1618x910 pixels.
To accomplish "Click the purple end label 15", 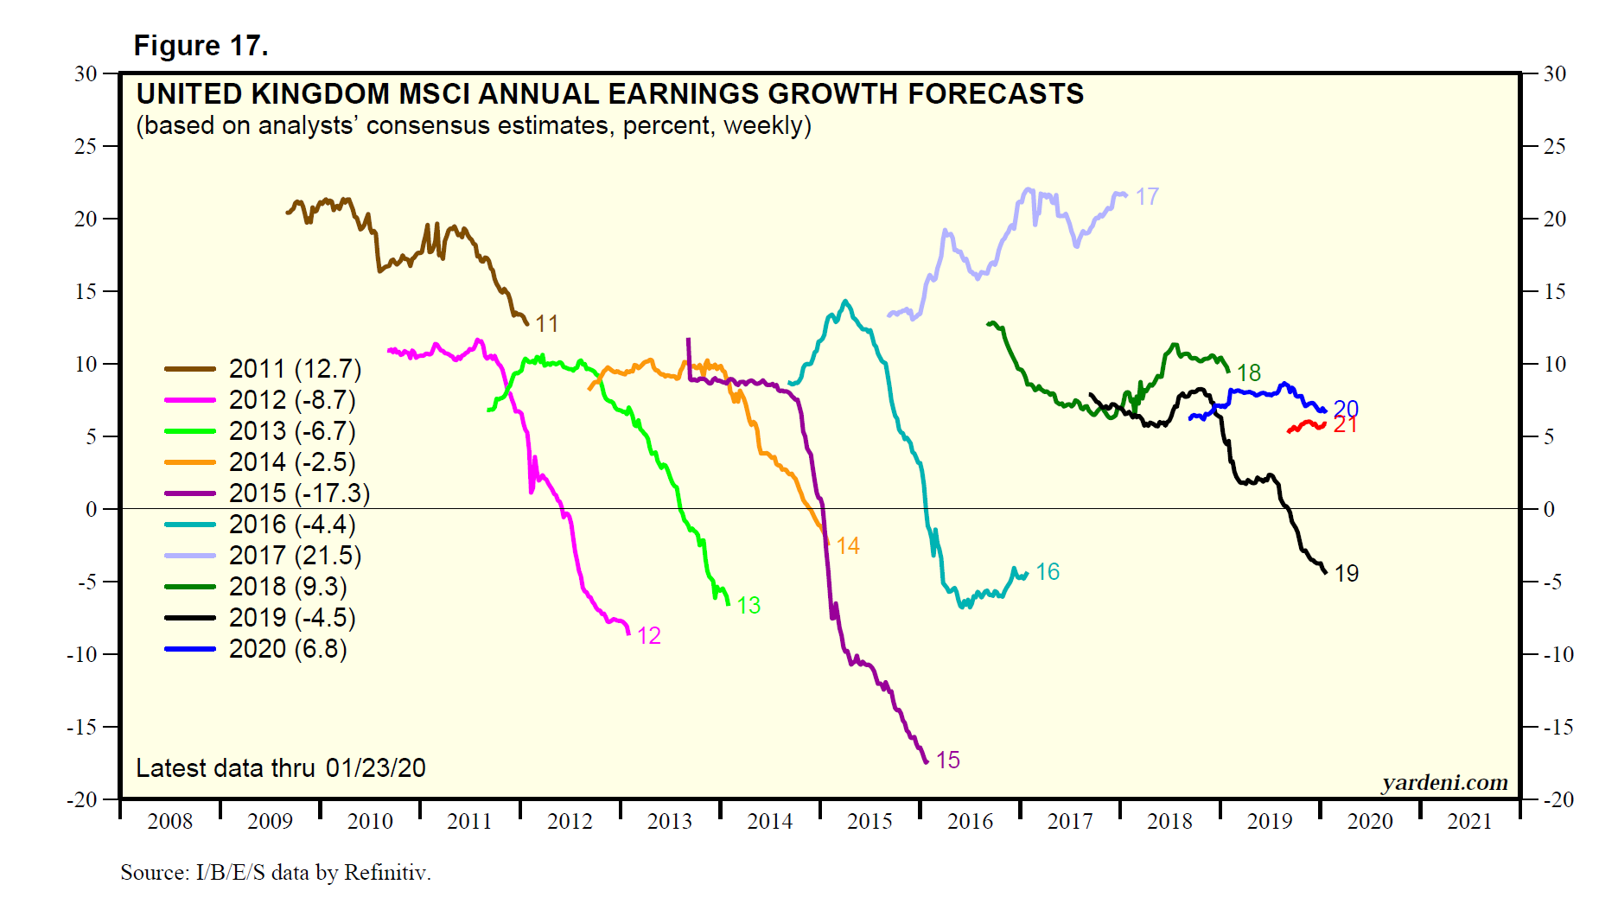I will [x=947, y=760].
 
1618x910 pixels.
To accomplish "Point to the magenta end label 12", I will [x=648, y=636].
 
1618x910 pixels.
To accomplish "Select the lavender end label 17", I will [x=1147, y=197].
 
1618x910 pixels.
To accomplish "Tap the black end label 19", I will [x=1347, y=574].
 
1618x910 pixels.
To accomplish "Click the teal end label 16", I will [x=1048, y=572].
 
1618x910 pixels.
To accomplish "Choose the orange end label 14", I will [x=848, y=546].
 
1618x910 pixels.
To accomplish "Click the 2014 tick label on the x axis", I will [x=770, y=821].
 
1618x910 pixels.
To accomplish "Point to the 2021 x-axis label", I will [x=1469, y=821].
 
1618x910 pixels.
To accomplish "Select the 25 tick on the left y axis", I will [x=86, y=146].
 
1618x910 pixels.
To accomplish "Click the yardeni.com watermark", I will [x=1444, y=783].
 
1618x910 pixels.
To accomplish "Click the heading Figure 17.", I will [x=201, y=45].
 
